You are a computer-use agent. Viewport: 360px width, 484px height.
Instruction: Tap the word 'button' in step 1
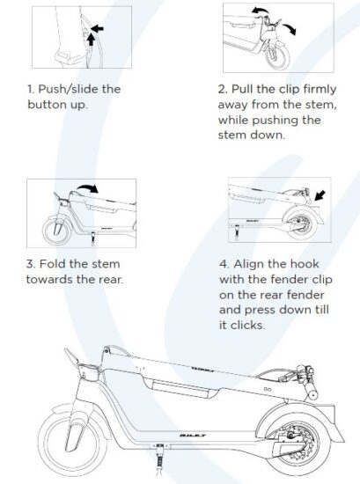48,105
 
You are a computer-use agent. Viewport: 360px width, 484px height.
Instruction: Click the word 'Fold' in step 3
52,264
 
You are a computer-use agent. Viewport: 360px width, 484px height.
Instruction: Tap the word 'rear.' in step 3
111,280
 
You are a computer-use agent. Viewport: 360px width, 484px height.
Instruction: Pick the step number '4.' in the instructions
224,264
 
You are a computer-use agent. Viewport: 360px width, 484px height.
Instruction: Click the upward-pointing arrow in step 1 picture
91,40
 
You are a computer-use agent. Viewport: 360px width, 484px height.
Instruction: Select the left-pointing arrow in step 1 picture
98,29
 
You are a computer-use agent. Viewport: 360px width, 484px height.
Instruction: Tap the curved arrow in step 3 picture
87,188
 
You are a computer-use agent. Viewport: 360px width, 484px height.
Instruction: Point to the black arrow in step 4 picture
320,195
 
